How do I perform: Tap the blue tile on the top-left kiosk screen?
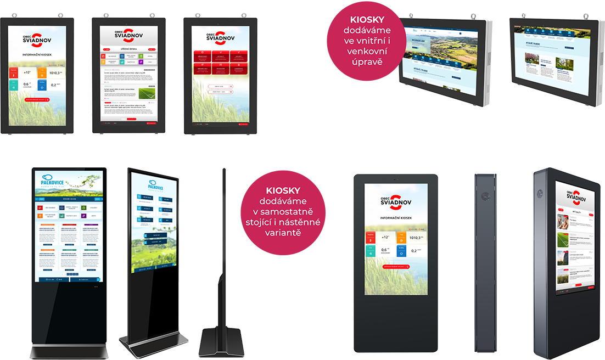pyautogui.click(x=42, y=84)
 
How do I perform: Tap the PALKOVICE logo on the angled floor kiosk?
pyautogui.click(x=144, y=184)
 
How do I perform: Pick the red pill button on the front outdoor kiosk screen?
pyautogui.click(x=389, y=266)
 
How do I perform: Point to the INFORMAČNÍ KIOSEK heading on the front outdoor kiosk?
pyautogui.click(x=388, y=218)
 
